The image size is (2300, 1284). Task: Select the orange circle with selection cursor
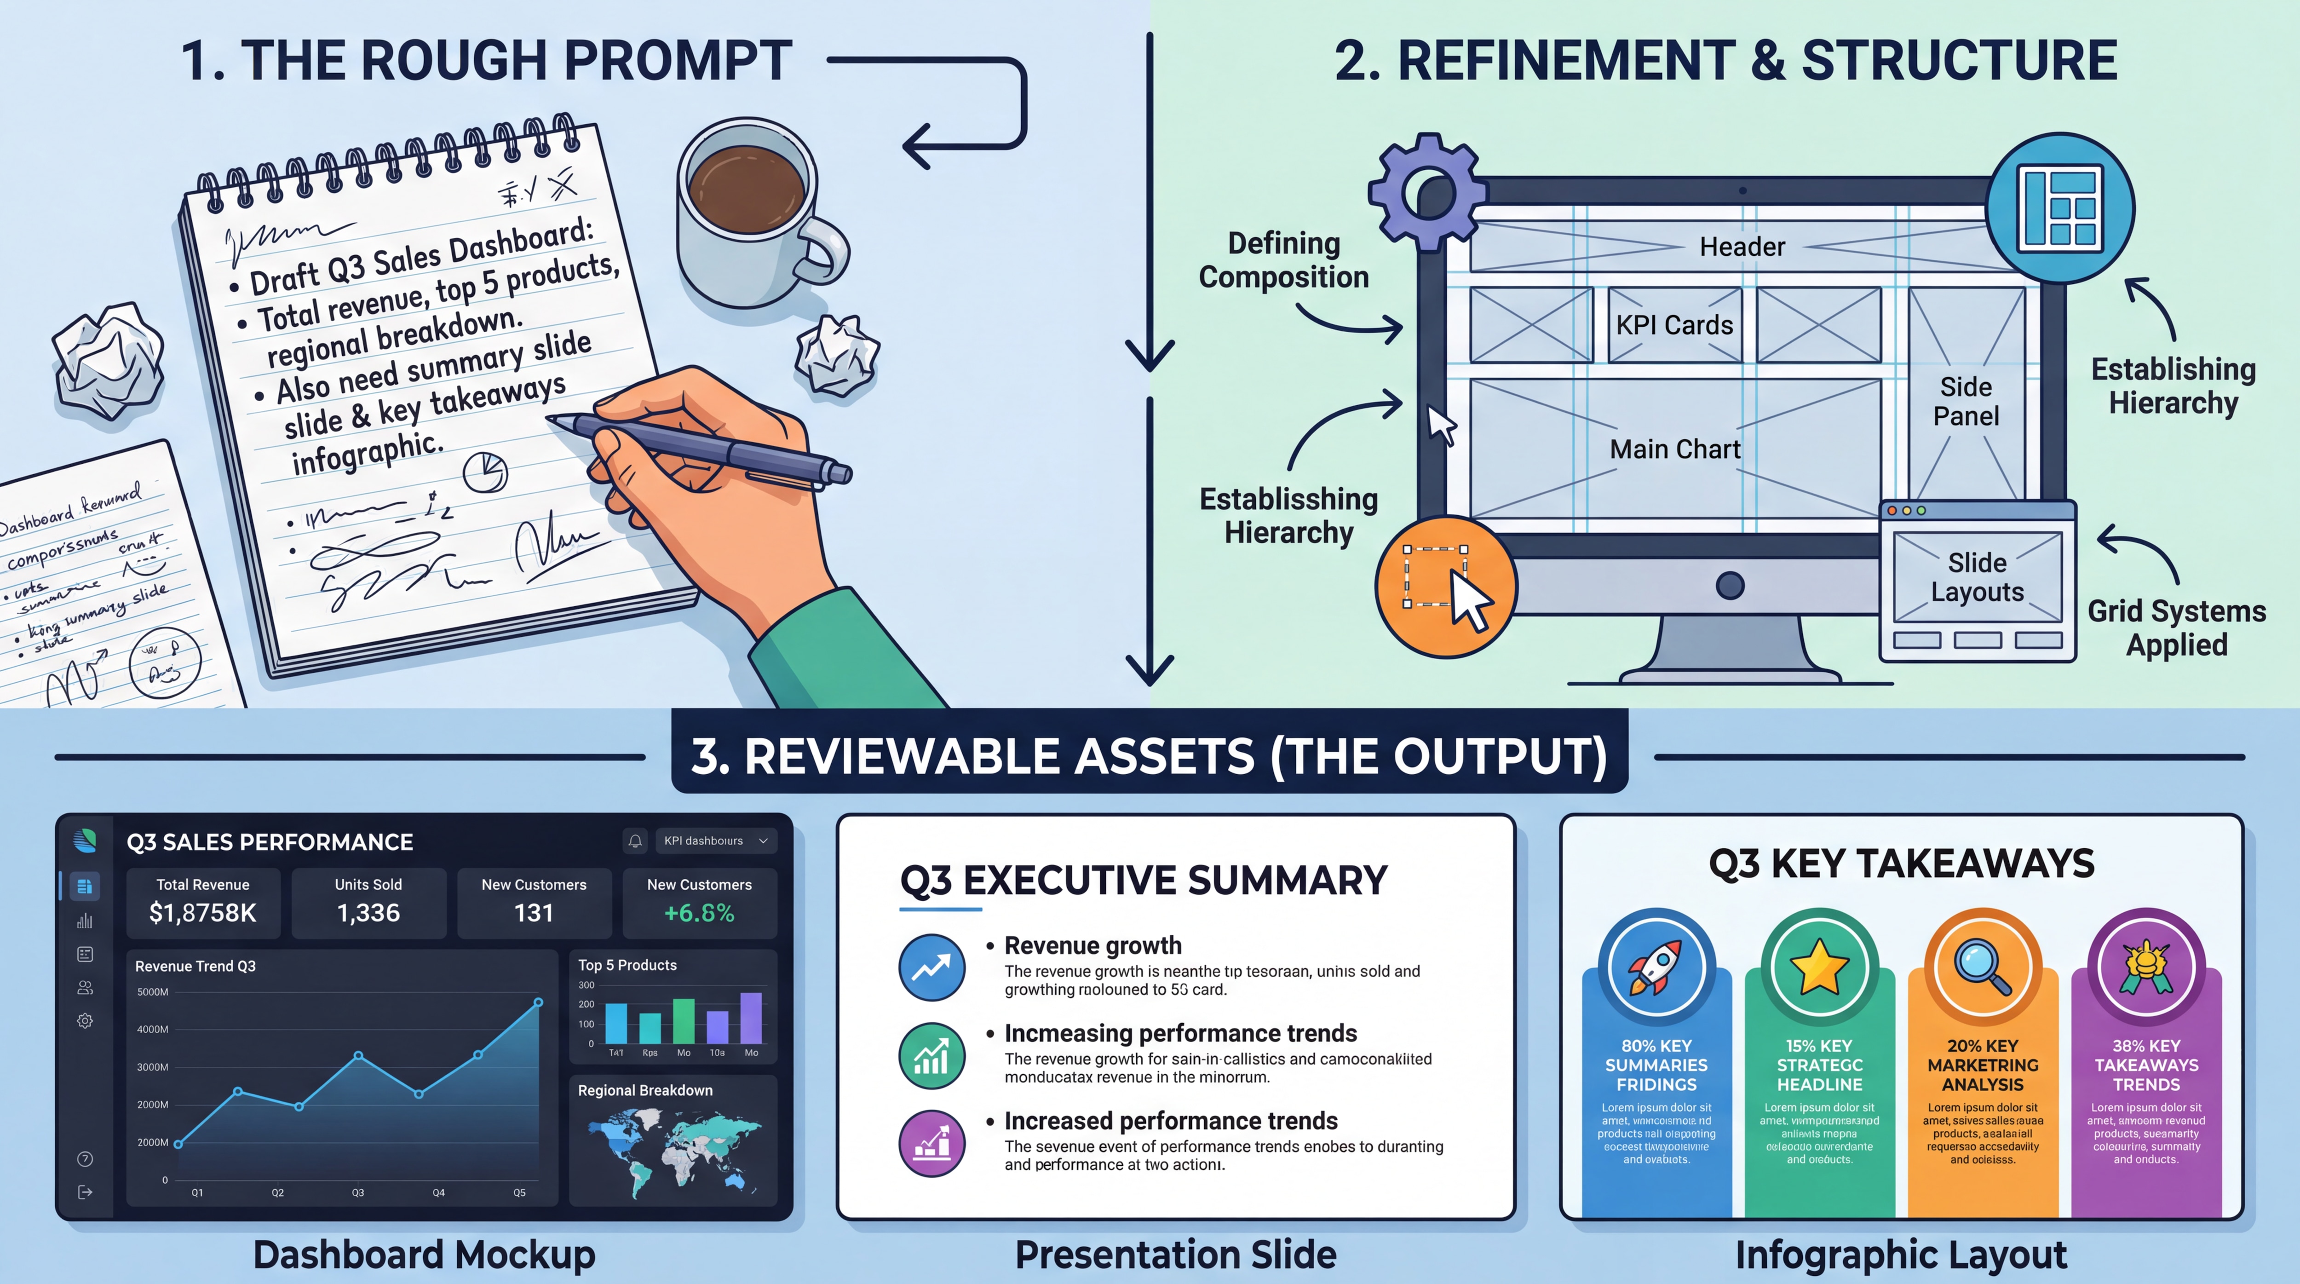click(1445, 587)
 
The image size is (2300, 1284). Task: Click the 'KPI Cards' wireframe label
click(1674, 325)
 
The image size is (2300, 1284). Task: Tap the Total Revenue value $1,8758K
click(203, 913)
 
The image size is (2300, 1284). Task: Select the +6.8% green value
click(699, 913)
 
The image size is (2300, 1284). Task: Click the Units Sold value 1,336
click(368, 913)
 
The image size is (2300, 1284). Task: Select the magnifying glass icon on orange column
click(1982, 967)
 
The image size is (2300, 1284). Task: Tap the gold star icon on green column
click(1819, 967)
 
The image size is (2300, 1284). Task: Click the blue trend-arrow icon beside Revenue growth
click(931, 967)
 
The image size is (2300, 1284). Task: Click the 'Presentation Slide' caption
click(1175, 1255)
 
